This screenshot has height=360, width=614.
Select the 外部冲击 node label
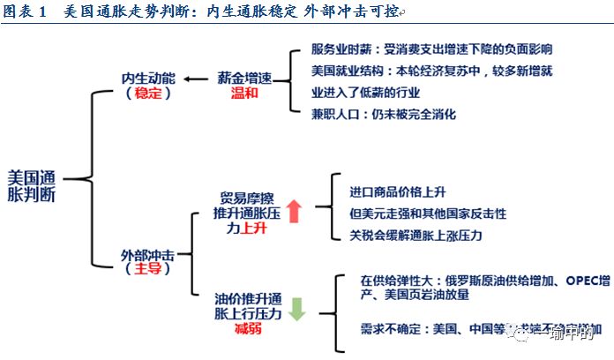147,256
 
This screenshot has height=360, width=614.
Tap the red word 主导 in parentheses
147,270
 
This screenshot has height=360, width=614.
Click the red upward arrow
293,212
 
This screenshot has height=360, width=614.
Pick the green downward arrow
296,309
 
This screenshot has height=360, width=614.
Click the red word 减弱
248,328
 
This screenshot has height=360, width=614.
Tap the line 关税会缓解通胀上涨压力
416,235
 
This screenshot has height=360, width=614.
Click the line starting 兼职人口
384,114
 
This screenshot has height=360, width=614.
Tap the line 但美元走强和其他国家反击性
428,214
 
